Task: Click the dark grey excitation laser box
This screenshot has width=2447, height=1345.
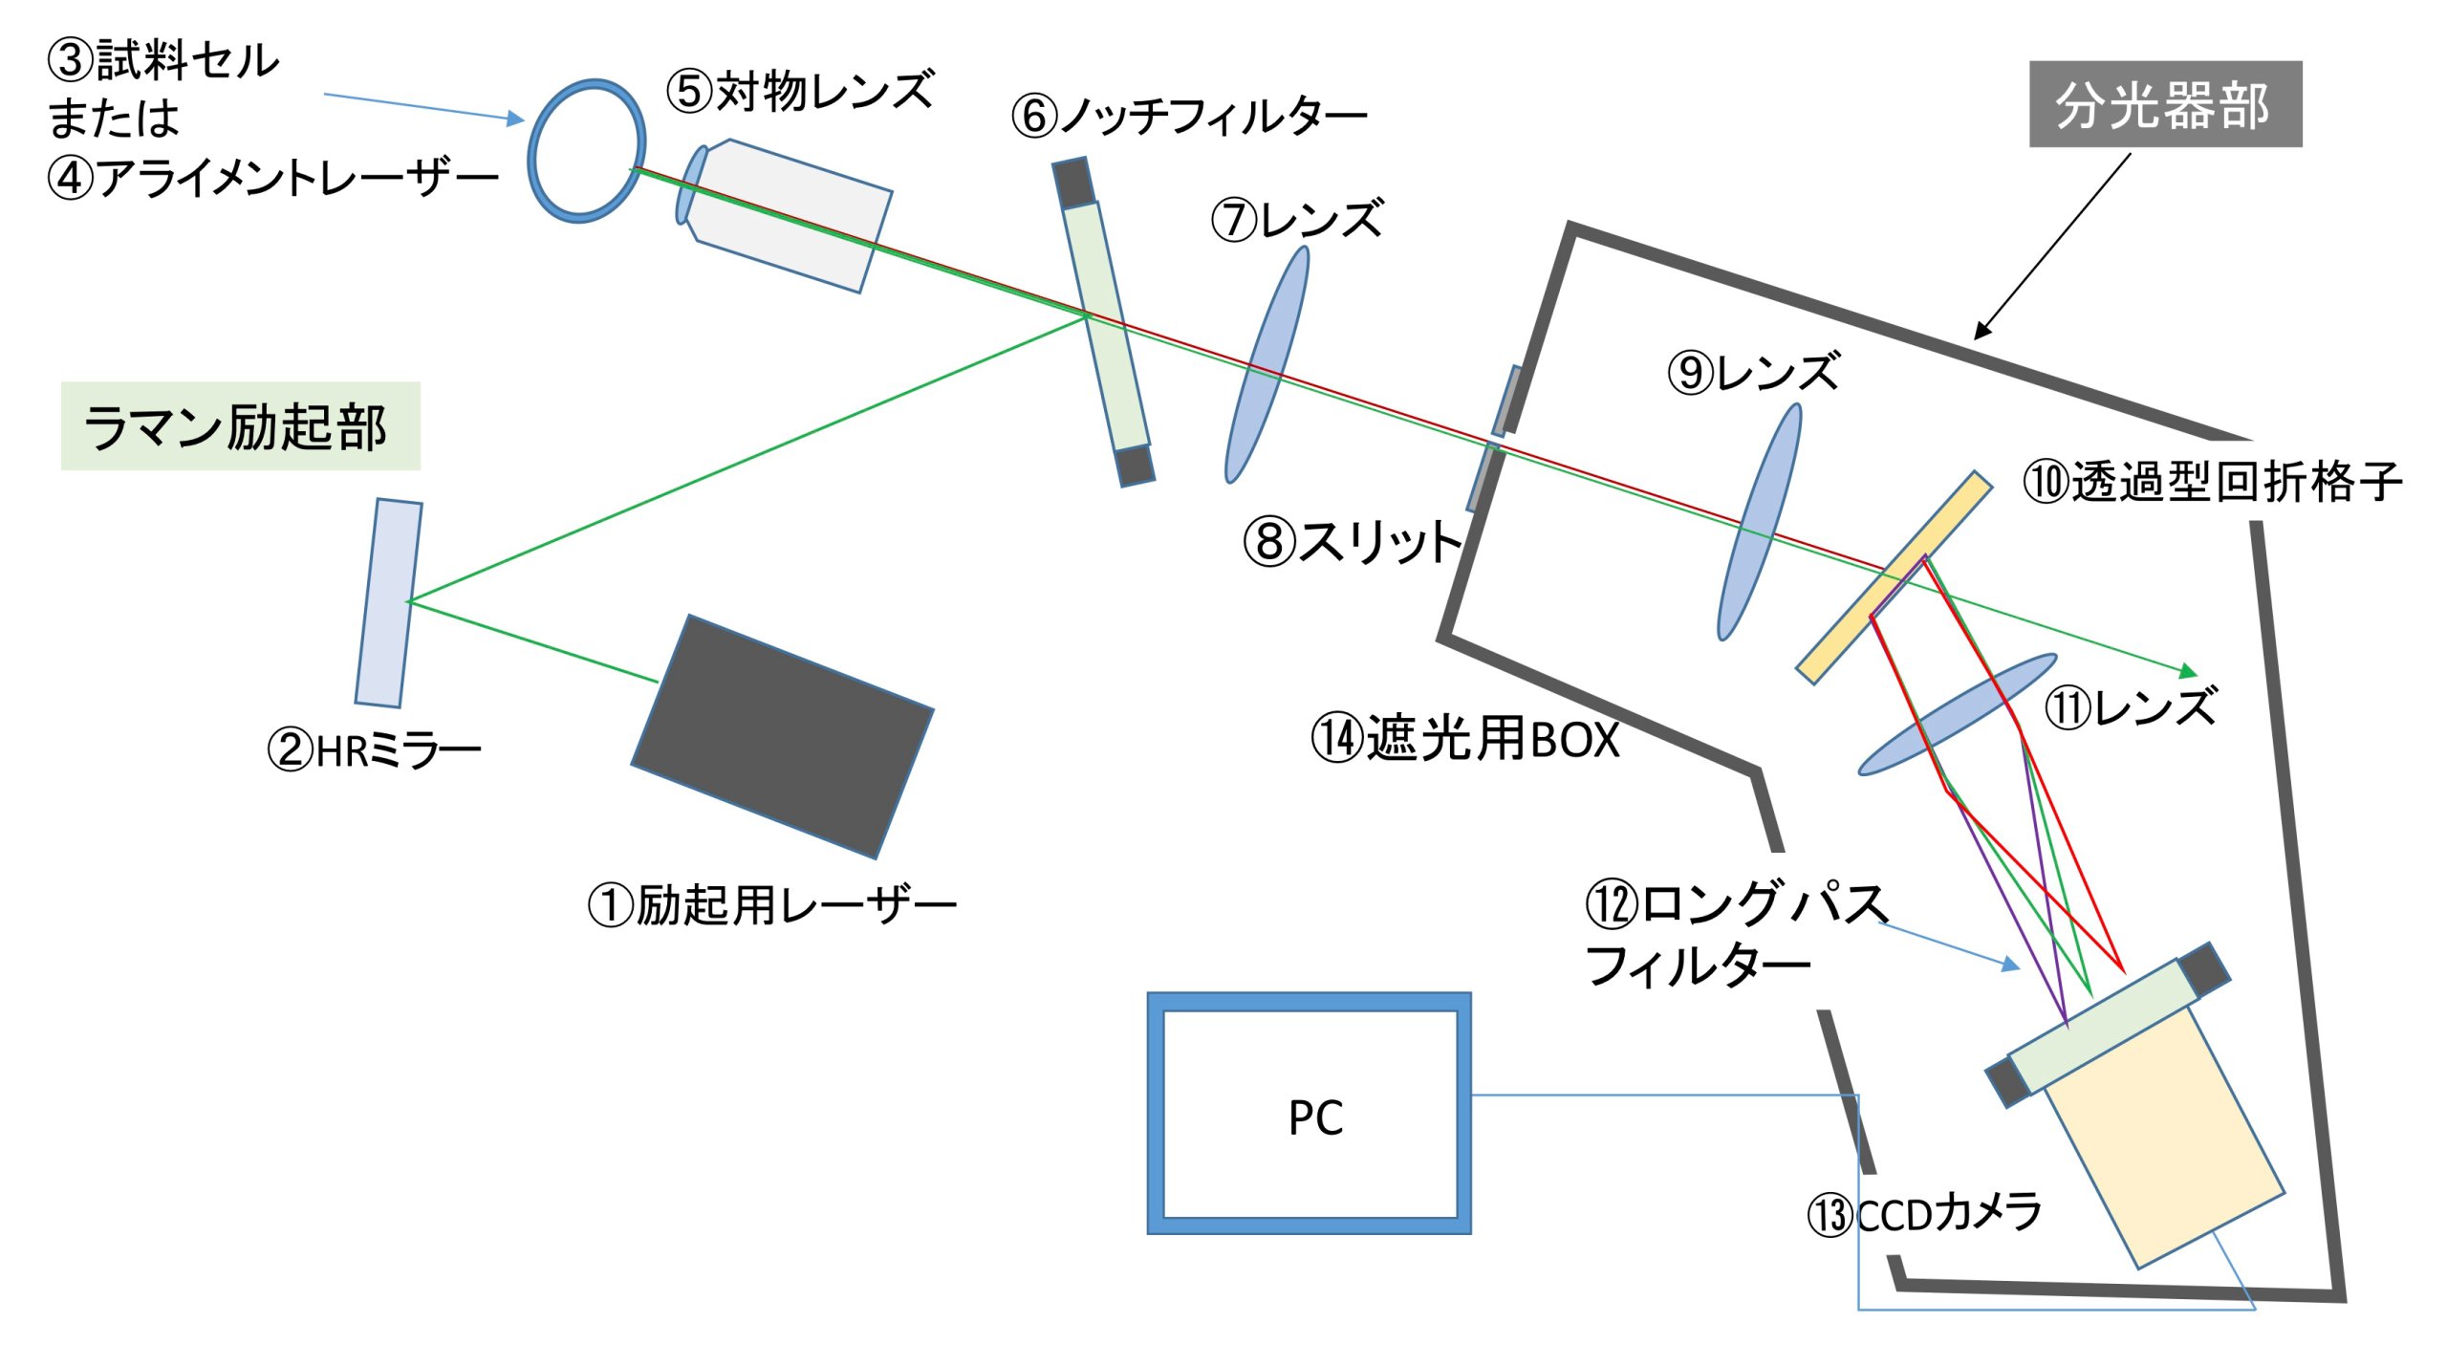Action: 782,736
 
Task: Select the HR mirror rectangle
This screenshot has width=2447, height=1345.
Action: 388,602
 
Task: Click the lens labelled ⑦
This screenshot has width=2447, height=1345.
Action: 1267,364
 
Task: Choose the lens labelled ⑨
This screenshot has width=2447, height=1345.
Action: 1760,521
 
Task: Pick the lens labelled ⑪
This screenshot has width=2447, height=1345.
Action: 1958,713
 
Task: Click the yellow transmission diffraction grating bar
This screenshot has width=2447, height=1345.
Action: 1894,577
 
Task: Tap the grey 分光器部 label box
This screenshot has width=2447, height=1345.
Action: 2165,103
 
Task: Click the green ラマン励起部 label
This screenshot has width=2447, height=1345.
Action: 240,425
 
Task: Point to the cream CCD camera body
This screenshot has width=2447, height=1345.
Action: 2165,1138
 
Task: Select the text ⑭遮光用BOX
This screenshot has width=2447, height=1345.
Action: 1465,738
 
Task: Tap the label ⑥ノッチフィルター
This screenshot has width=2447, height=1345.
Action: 1189,116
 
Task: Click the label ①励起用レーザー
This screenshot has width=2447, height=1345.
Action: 772,904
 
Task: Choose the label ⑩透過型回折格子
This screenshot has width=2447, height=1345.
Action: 2212,481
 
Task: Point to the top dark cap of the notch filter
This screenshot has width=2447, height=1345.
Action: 1073,182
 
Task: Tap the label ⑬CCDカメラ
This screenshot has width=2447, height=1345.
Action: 1924,1214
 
